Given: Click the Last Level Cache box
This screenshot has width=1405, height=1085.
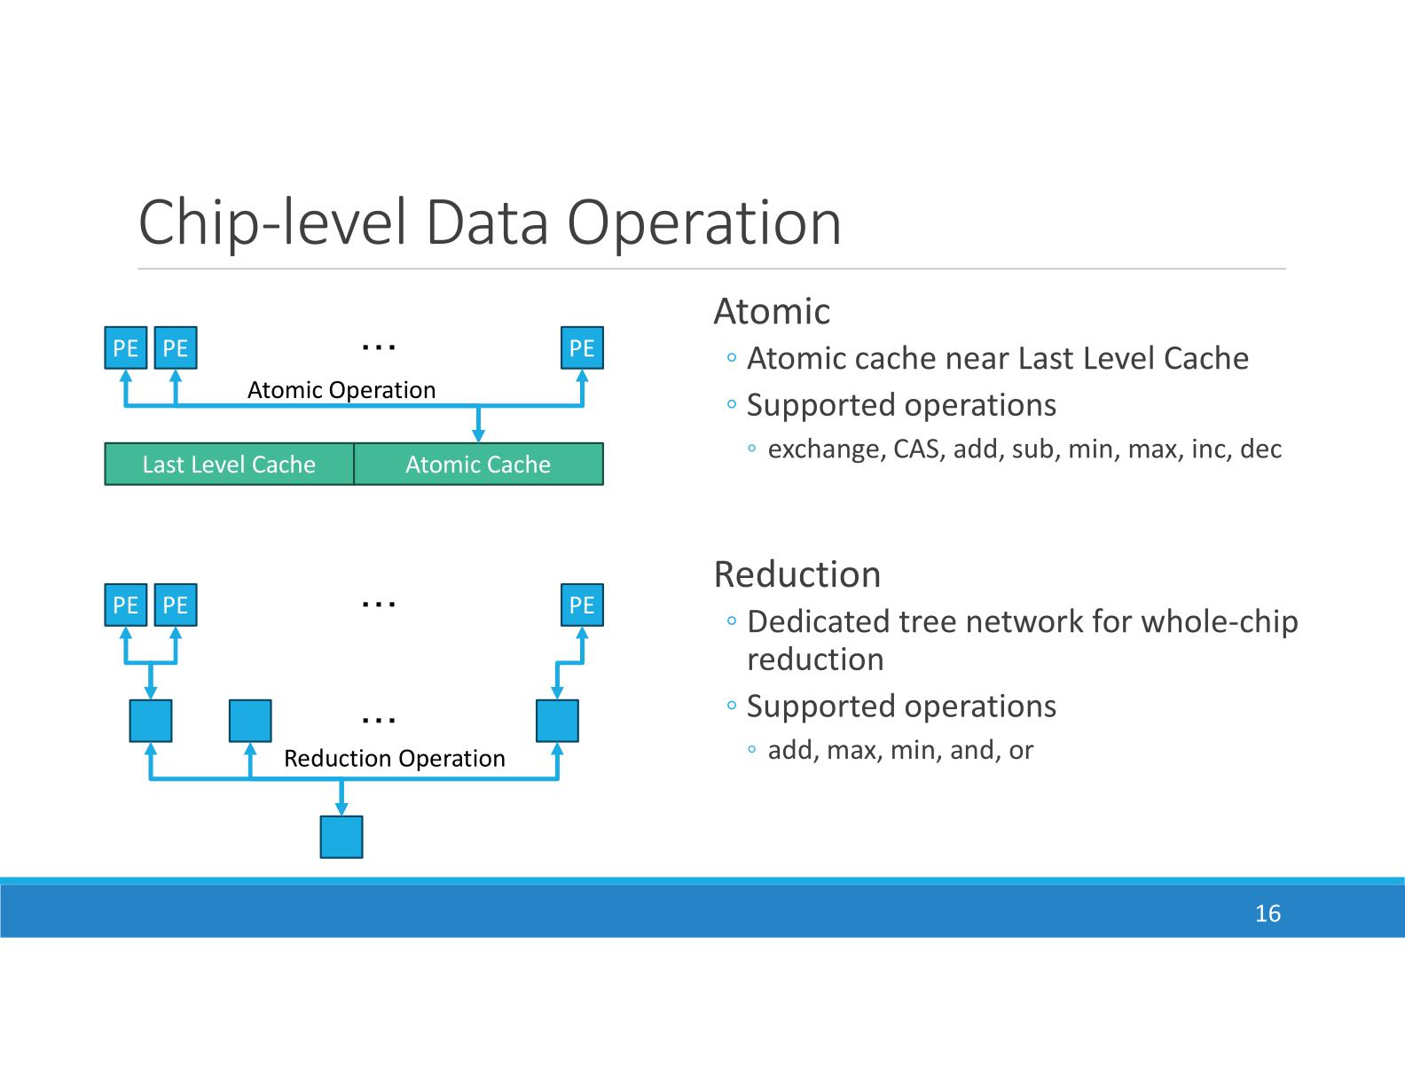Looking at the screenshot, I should [x=229, y=464].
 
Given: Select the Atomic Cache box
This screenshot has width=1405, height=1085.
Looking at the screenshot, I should [x=478, y=464].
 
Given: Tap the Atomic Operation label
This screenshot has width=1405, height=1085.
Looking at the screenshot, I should [x=341, y=390].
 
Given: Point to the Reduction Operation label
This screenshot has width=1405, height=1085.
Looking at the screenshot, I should [x=395, y=759].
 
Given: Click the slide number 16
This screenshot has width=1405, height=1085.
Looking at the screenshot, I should [x=1268, y=914].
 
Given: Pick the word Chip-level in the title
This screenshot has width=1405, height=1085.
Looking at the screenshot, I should [x=271, y=222].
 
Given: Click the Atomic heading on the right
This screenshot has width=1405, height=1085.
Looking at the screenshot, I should [x=772, y=311].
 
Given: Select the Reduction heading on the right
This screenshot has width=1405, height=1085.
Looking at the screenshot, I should [x=797, y=574].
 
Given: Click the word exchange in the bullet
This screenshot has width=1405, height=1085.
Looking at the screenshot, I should [x=826, y=449].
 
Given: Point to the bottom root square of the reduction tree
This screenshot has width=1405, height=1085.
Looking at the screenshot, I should [x=341, y=837].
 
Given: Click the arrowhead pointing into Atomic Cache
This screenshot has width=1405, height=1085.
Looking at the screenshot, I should [x=478, y=434].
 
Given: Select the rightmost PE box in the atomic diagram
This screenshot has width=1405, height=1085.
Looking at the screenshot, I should [x=582, y=348].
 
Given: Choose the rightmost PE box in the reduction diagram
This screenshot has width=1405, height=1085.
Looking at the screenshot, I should [x=582, y=605].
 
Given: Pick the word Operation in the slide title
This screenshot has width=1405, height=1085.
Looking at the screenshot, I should [x=704, y=222].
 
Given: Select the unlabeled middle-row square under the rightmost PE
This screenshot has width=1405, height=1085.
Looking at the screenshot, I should [x=557, y=721].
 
